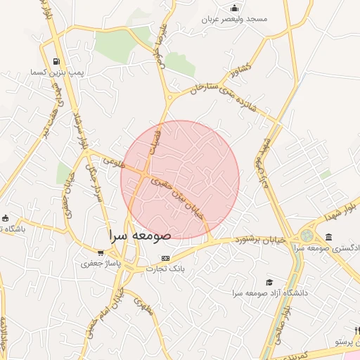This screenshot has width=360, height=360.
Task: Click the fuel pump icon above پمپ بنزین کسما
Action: [57, 62]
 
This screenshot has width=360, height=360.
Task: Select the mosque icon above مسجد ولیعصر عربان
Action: [234, 8]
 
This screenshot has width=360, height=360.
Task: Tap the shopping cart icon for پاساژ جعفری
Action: [101, 253]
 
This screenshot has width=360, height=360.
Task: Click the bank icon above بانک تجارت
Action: [166, 258]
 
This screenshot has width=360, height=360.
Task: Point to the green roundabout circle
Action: [307, 236]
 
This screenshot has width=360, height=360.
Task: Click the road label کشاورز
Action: [239, 73]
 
